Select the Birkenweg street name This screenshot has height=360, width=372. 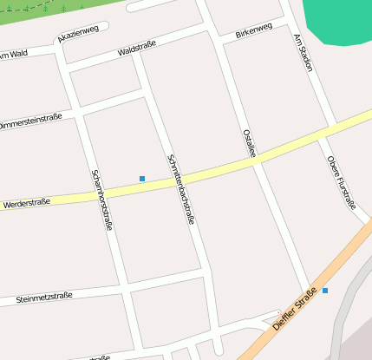coord(253,31)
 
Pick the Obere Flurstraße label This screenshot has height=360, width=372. coord(342,182)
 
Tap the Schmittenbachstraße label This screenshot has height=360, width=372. coord(179,188)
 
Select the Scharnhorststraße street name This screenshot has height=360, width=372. coord(101,199)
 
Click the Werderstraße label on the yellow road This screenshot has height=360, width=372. coord(27,203)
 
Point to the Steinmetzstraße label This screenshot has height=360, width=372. coord(43,298)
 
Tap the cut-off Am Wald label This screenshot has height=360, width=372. coord(14,55)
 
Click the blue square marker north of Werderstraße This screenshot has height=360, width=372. coord(142,179)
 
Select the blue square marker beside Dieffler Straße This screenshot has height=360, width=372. coord(325,291)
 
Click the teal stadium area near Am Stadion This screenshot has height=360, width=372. coord(343,22)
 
